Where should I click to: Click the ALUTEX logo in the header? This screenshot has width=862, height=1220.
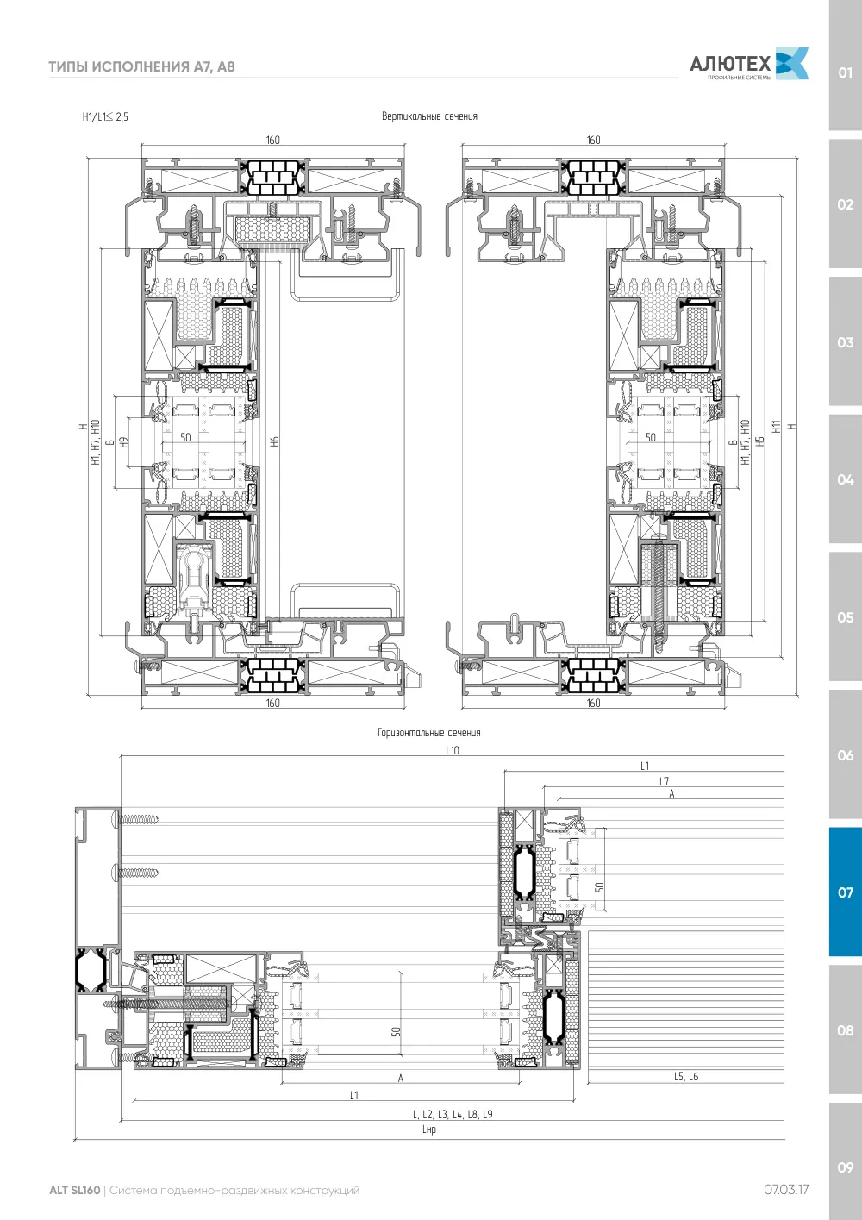click(x=749, y=64)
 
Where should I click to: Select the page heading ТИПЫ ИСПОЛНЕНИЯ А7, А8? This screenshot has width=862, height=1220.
click(x=141, y=67)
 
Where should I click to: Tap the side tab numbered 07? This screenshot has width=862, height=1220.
click(x=845, y=892)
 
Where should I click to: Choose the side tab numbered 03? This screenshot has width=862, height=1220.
click(x=845, y=342)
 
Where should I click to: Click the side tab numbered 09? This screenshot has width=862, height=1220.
click(x=845, y=1167)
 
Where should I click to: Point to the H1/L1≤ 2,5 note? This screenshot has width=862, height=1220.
click(x=105, y=116)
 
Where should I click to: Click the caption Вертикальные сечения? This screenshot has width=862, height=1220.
click(x=429, y=116)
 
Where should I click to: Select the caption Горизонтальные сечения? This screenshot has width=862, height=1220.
click(x=429, y=733)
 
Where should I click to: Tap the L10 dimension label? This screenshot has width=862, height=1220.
click(x=453, y=750)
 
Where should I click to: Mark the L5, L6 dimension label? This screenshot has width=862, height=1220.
click(x=686, y=1076)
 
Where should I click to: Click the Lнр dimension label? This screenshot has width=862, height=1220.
click(x=429, y=1129)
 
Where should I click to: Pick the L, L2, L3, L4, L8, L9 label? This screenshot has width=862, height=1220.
click(x=453, y=1114)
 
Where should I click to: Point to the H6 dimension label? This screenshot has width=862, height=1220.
click(x=275, y=441)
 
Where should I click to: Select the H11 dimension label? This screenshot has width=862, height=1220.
click(x=777, y=427)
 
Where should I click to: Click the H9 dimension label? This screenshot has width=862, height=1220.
click(x=123, y=442)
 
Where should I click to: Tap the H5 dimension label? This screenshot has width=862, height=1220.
click(x=761, y=441)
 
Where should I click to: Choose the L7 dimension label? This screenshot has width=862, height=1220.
click(x=665, y=781)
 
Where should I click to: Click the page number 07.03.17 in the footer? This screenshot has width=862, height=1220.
click(x=786, y=1190)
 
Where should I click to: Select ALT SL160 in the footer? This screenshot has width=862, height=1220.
click(x=75, y=1190)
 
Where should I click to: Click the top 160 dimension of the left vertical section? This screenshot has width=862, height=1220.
click(x=272, y=140)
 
